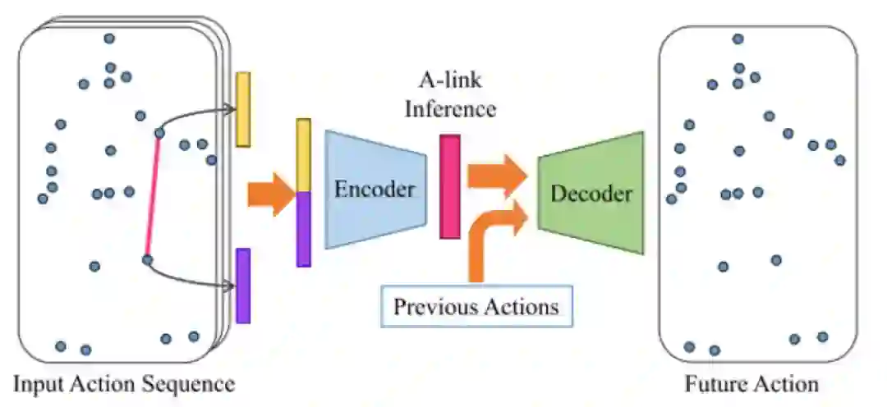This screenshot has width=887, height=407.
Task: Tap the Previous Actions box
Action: coord(476,307)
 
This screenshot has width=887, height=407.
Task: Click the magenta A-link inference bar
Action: coord(449,187)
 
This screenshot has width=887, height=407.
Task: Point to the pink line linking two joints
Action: coord(153,197)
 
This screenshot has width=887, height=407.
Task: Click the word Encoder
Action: coord(374,190)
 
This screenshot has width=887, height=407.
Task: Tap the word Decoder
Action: coord(591,194)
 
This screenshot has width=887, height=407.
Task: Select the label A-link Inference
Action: coord(449,95)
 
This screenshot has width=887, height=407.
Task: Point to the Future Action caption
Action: coord(752,384)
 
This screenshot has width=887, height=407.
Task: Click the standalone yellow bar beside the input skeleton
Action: coord(243,109)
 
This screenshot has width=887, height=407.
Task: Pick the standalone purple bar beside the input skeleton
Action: coord(243,286)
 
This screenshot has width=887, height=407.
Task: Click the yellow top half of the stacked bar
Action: coord(304,155)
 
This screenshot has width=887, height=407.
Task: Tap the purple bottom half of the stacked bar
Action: coord(304,229)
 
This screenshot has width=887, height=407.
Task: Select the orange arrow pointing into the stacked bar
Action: coord(269,194)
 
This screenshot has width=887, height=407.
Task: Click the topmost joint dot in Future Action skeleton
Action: coord(738,39)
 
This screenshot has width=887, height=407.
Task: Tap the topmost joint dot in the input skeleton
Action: coord(108,39)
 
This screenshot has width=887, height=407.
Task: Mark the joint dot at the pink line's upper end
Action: coord(159,132)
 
